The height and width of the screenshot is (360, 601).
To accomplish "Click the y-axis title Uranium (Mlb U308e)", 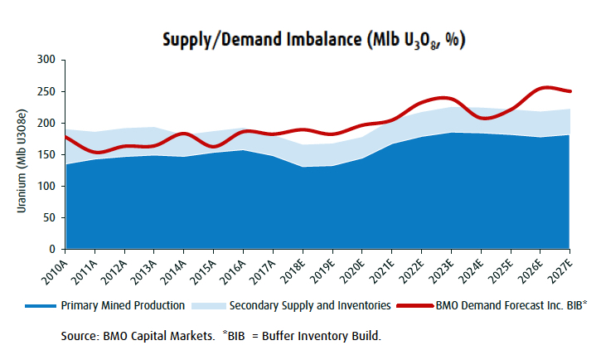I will (x=22, y=154).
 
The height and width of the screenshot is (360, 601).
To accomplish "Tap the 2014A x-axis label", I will (x=177, y=268).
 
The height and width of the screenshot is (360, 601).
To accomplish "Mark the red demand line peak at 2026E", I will (x=541, y=87).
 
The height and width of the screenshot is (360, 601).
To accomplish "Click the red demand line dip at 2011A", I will (x=96, y=152).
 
